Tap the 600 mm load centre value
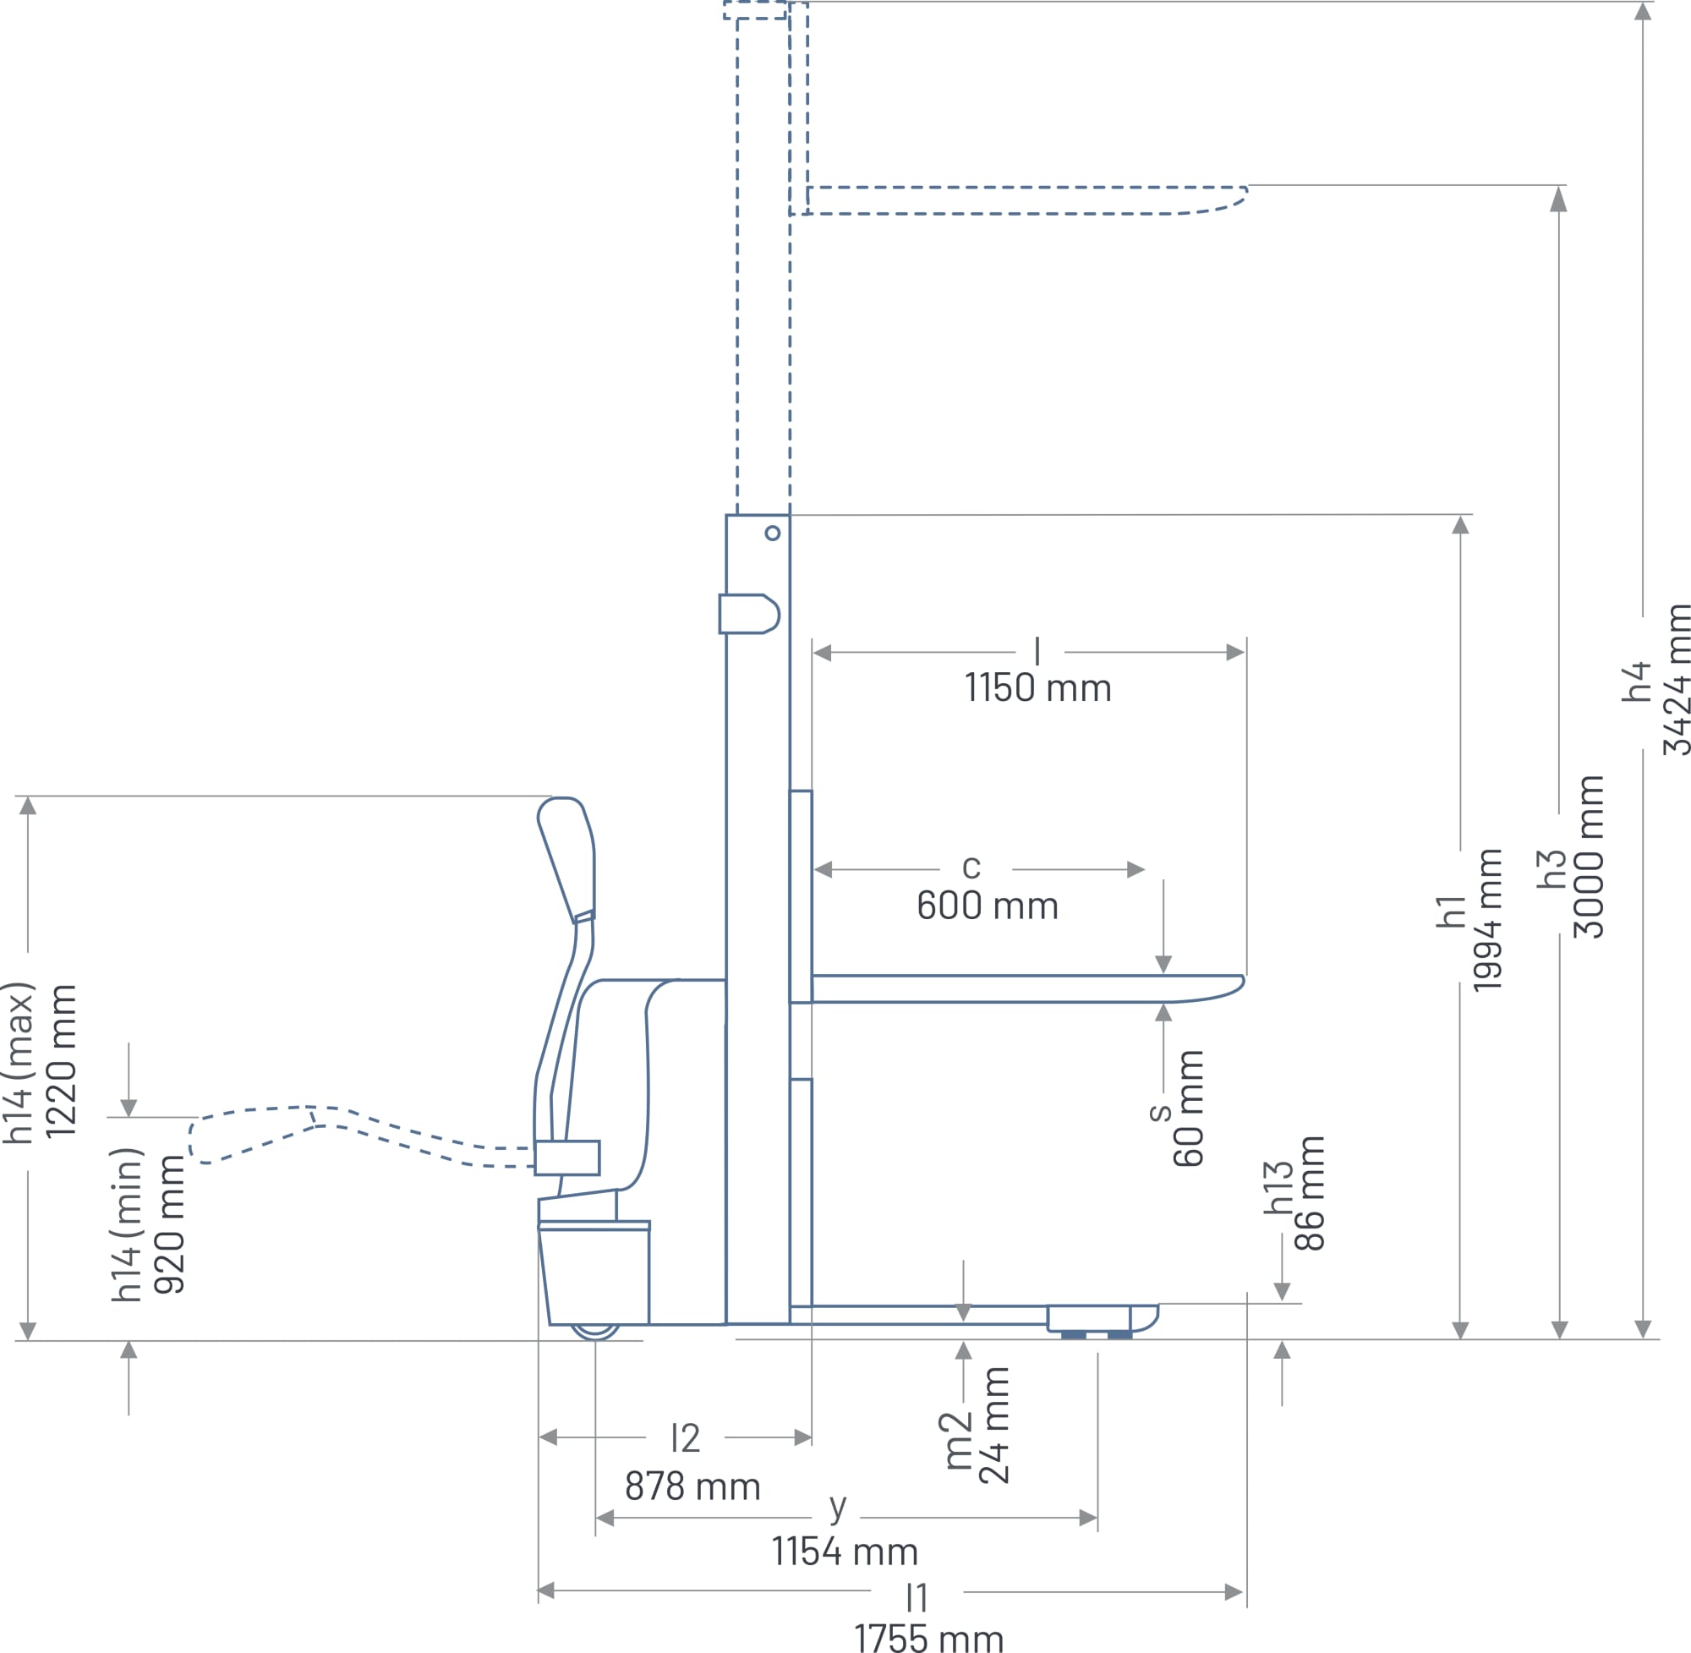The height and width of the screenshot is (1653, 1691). pos(987,906)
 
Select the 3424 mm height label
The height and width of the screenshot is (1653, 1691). pos(1676,681)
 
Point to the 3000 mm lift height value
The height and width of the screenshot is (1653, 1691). pos(1588,857)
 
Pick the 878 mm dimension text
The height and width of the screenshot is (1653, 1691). pos(692,1487)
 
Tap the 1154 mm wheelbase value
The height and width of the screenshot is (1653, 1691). pos(845,1552)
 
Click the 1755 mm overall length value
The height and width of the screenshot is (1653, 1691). pos(929,1638)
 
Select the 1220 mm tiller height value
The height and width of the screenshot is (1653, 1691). pos(61,1061)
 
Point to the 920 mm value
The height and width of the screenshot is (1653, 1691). pos(169,1226)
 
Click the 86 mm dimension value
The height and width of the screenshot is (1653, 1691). pos(1309,1193)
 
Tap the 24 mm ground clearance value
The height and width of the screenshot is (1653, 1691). pos(994,1425)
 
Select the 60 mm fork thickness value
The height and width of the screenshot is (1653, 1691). pos(1188,1108)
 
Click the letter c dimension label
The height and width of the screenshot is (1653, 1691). pos(971,868)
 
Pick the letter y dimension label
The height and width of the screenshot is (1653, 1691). pos(838,1508)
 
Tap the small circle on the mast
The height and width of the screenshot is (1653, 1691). pos(773,533)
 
